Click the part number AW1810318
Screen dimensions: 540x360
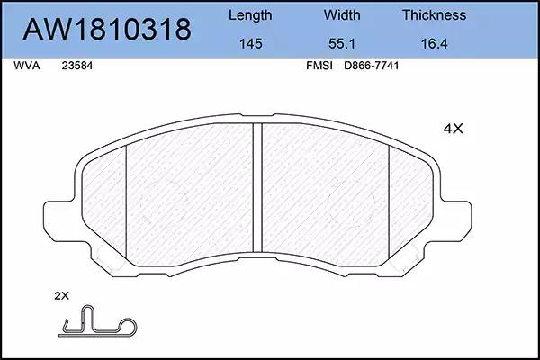click(107, 29)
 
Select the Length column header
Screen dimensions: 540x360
click(250, 15)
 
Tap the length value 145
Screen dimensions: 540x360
click(251, 44)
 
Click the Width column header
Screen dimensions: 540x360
click(342, 14)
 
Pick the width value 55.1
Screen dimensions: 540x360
click(342, 44)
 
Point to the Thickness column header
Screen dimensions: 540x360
click(435, 14)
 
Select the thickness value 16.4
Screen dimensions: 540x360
click(435, 44)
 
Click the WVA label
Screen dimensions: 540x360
click(27, 66)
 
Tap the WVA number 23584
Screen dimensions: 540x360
click(77, 66)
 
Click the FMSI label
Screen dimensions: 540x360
click(319, 66)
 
